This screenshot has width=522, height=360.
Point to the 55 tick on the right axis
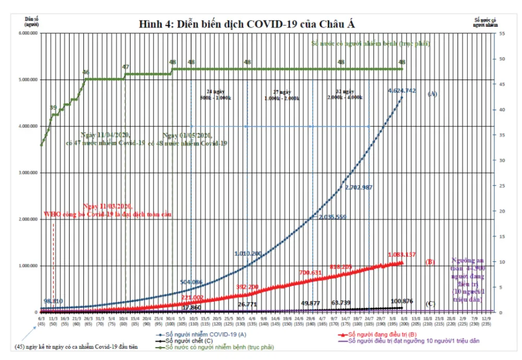[x=502, y=33]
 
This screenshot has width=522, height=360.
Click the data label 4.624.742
[x=401, y=91]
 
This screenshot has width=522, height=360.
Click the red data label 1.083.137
[x=401, y=255]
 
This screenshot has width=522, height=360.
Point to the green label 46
[x=86, y=72]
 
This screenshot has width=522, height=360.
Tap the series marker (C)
[x=431, y=304]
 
